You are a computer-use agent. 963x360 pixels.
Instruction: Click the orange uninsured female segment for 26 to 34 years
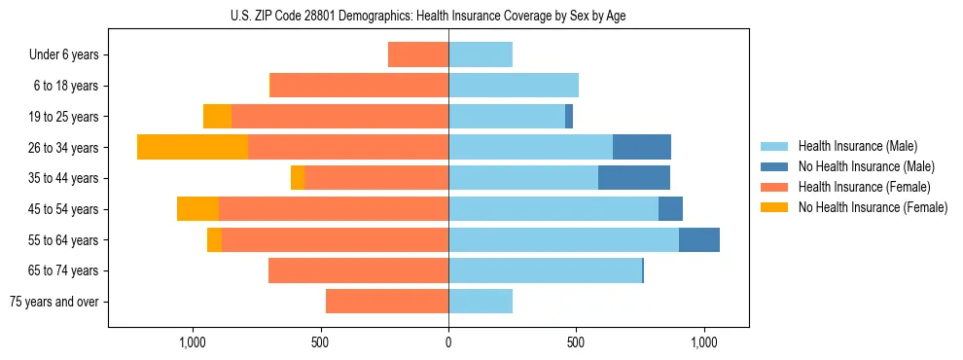point(193,147)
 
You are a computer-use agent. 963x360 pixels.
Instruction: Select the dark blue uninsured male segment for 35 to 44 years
point(634,178)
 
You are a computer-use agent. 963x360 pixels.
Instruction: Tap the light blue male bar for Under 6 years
point(481,54)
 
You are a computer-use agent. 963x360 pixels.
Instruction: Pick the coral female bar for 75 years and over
point(387,302)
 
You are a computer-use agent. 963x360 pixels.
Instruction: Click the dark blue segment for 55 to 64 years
point(699,239)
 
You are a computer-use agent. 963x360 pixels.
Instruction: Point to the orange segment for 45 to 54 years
point(197,209)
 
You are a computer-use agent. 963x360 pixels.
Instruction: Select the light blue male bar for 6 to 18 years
point(514,86)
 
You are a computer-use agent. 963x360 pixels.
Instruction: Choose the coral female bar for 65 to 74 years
point(358,270)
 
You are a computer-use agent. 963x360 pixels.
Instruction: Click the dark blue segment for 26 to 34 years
point(642,147)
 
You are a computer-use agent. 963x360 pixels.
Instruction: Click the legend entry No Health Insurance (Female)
point(872,207)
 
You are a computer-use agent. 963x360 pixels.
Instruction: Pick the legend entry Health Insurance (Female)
point(864,187)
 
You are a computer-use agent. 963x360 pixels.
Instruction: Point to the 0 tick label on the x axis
point(448,342)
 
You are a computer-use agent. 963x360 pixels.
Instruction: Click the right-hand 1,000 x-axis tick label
point(704,342)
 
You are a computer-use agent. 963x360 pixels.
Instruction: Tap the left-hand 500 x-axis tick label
point(320,342)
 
